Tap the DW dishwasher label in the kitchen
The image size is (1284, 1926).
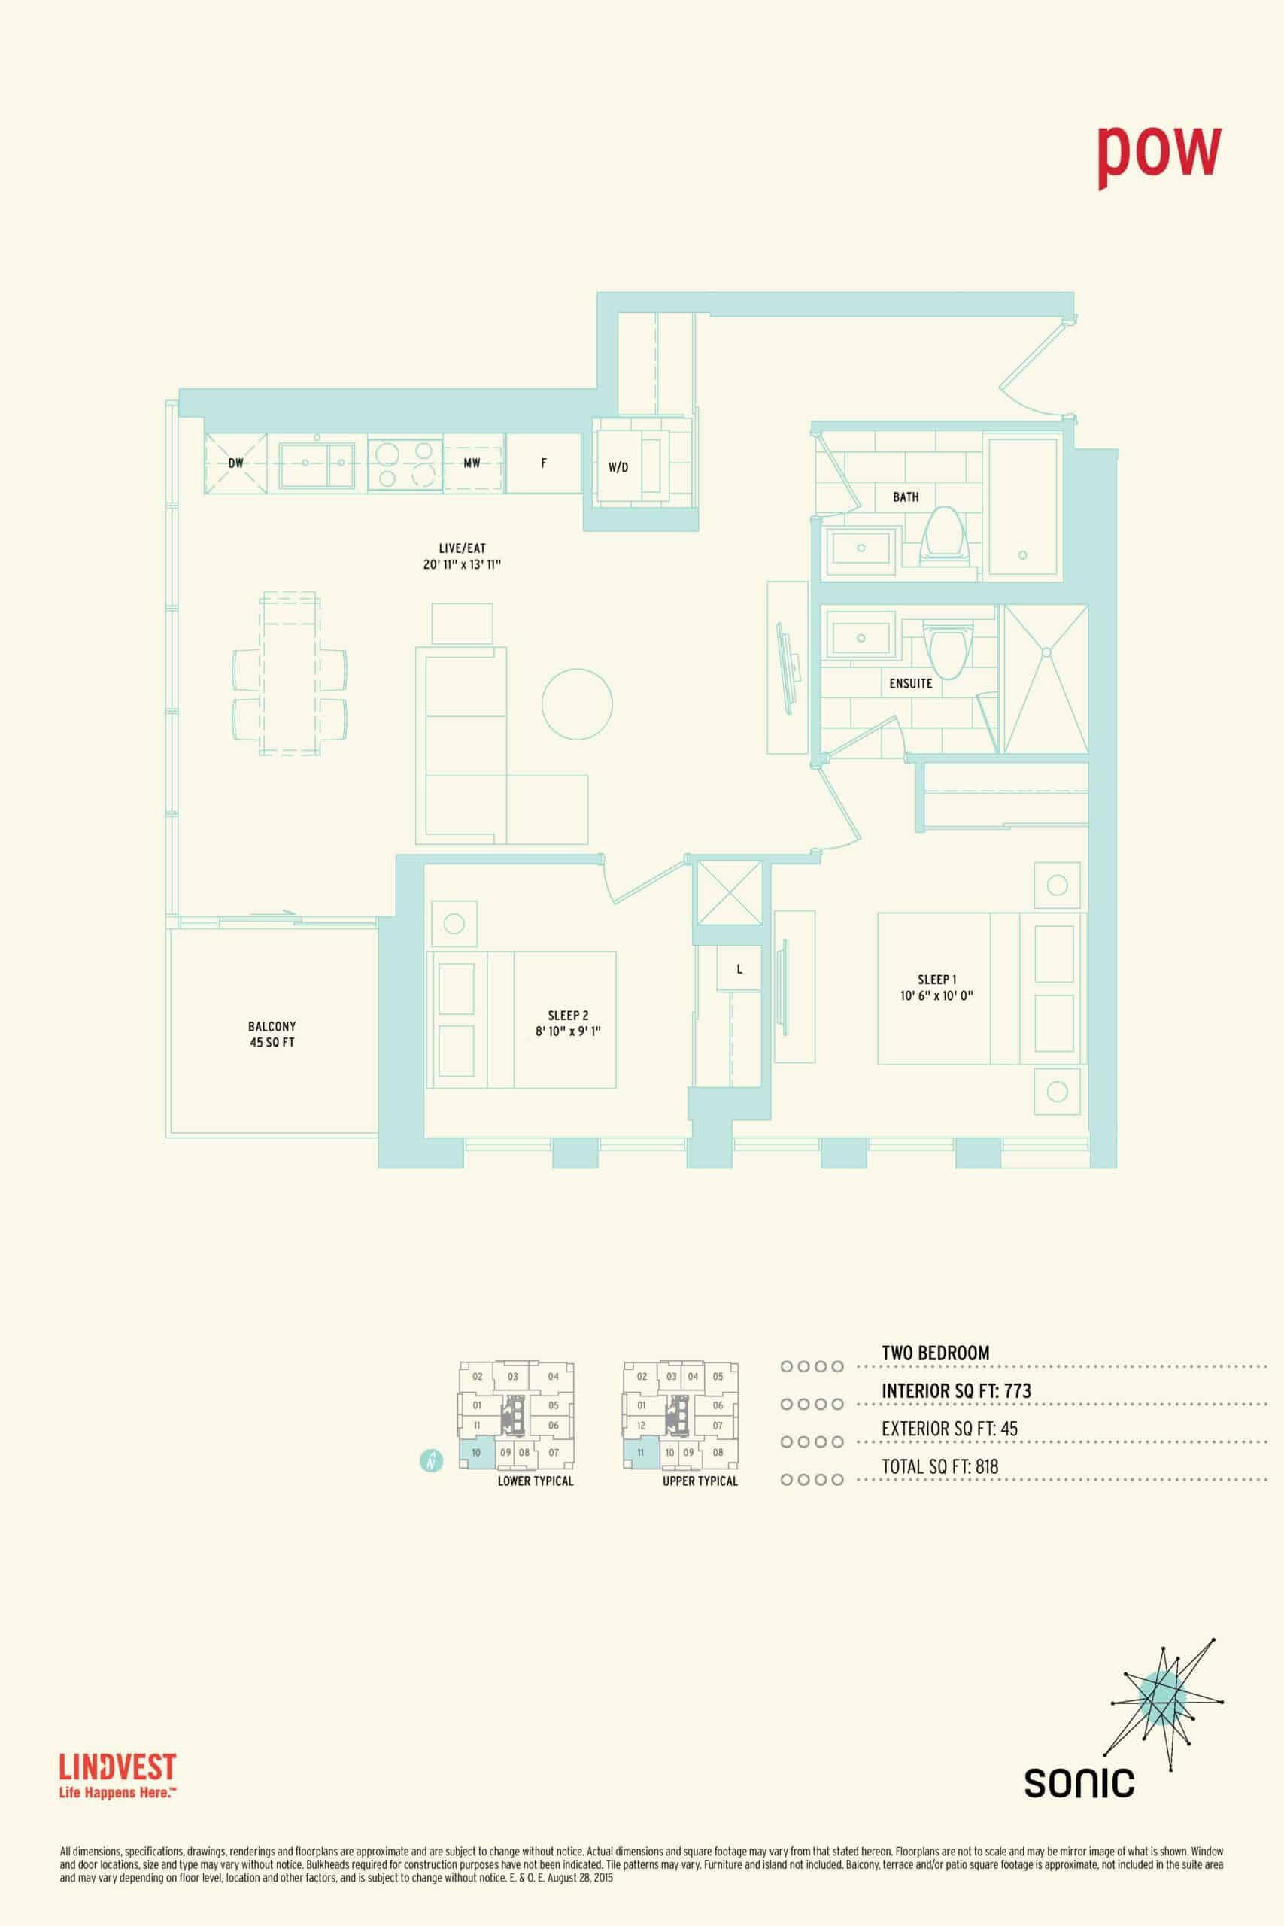tap(236, 463)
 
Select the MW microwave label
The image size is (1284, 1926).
tap(472, 463)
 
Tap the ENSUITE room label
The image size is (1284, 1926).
tap(911, 684)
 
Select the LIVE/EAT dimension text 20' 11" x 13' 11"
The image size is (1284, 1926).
tap(462, 565)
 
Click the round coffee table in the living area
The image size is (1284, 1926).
tap(577, 704)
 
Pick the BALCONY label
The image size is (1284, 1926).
tap(272, 1026)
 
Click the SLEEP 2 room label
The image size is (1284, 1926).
tap(569, 1016)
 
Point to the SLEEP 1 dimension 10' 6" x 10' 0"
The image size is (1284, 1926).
tap(936, 996)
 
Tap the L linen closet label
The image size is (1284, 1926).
tap(739, 970)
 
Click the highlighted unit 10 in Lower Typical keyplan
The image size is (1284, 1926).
tap(476, 1452)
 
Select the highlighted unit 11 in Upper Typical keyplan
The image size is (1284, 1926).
tap(640, 1452)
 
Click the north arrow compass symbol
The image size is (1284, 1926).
tap(432, 1460)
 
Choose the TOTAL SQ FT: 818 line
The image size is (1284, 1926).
tap(940, 1466)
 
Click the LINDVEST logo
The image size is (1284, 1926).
tap(118, 1775)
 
